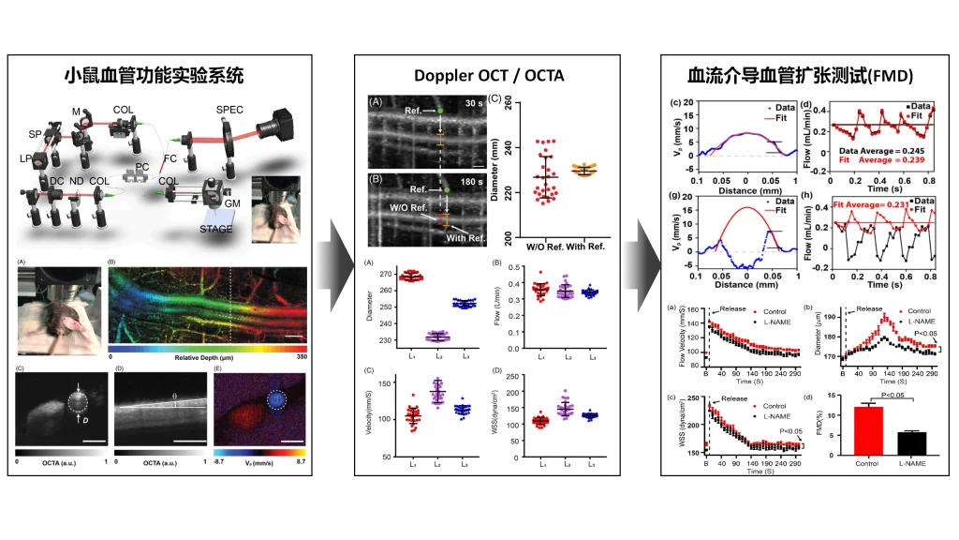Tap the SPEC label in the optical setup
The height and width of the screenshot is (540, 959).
point(229,110)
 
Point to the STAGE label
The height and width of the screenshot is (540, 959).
point(216,228)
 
